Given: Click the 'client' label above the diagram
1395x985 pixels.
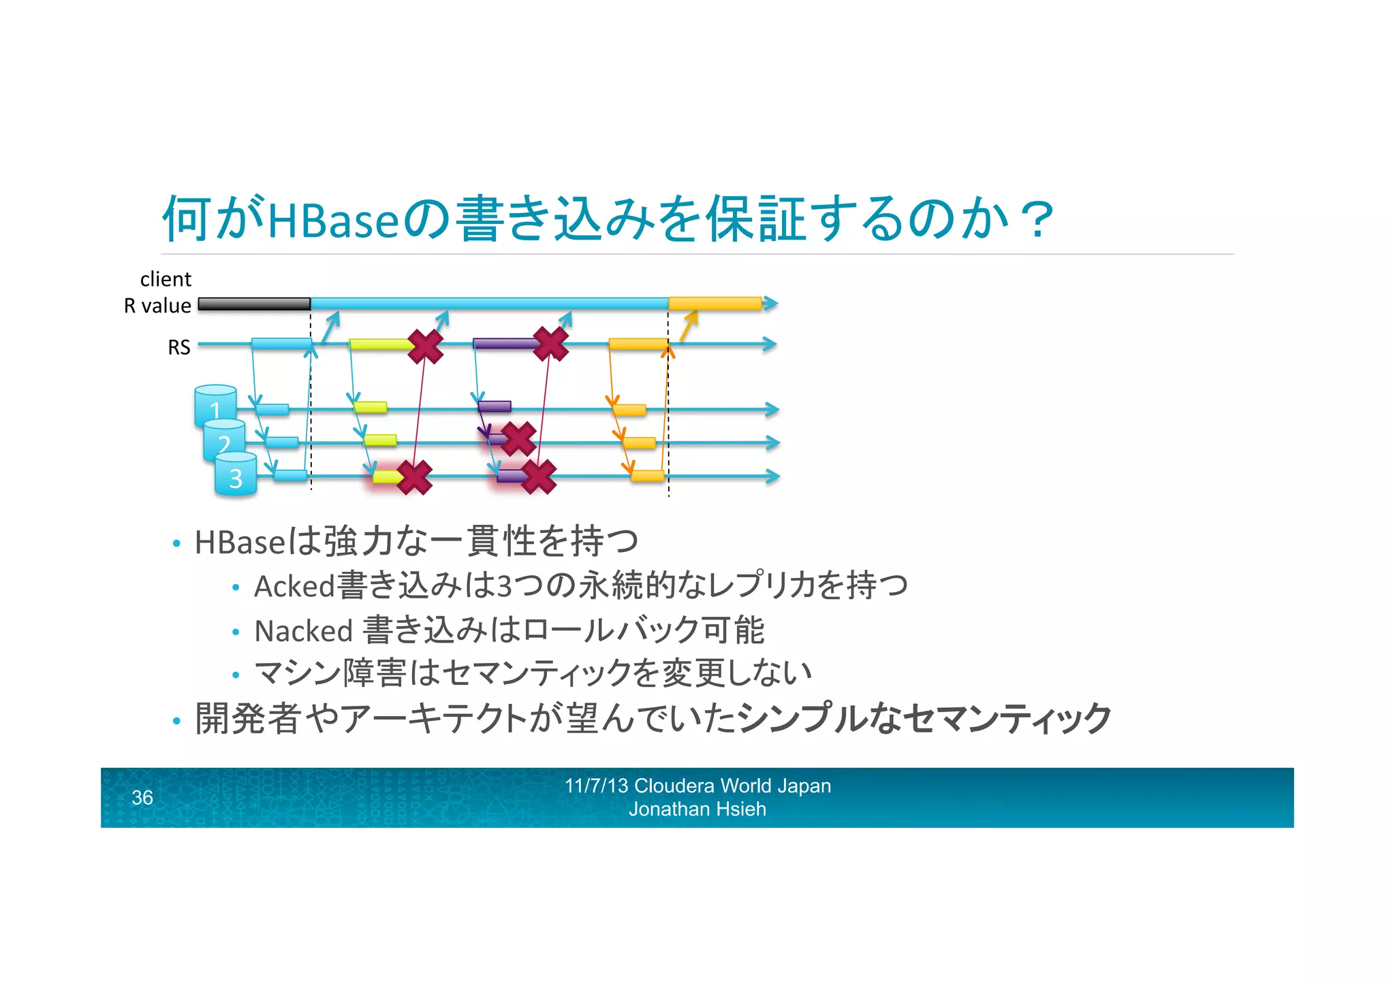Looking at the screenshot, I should coord(166,279).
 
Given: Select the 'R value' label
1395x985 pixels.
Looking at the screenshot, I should coord(157,306).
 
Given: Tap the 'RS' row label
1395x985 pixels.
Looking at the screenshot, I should coord(179,347).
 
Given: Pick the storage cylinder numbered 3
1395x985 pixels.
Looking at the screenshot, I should coord(236,475).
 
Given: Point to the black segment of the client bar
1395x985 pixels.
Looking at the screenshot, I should coord(254,304).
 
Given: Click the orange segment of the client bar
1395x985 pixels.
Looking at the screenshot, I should coord(715,304).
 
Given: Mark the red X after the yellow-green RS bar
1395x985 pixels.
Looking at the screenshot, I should coord(426,345).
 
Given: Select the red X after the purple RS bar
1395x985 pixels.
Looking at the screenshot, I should coord(550,343).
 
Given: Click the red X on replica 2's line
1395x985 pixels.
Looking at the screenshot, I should coord(518,438).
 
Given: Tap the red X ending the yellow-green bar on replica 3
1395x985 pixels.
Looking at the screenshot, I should coord(414,477).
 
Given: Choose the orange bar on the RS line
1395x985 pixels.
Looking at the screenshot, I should coord(638,344).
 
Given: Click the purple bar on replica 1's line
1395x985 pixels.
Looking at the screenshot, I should coord(495,406).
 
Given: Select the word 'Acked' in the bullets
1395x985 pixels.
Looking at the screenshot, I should coord(294,586).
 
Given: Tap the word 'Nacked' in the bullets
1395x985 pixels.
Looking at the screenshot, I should coord(303,631).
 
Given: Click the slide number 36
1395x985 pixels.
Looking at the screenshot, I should coord(142,797).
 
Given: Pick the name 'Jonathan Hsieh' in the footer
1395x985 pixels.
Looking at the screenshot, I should coord(697,809).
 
